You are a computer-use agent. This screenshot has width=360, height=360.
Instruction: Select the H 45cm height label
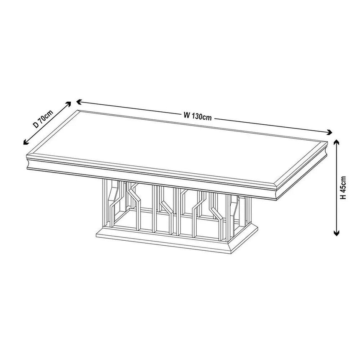click(344, 187)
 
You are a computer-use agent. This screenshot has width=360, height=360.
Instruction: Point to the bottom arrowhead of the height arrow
click(336, 234)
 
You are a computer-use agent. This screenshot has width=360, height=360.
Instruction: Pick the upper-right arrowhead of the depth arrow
click(70, 103)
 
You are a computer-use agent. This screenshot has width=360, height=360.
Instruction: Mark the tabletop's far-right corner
click(327, 142)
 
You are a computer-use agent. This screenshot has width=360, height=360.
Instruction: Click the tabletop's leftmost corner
click(26, 156)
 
